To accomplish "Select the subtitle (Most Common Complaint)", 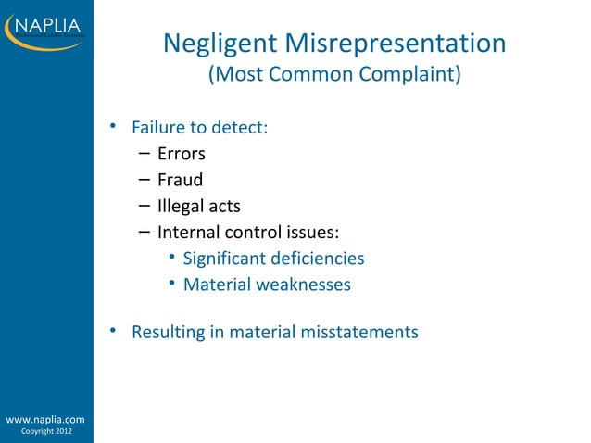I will [333, 74].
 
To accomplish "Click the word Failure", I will [158, 127].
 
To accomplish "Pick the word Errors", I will [182, 154].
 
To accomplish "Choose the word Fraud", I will [180, 180].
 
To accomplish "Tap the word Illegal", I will [182, 206].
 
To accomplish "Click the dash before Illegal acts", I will [146, 205].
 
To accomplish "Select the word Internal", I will [190, 233].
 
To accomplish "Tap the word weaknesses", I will [301, 285].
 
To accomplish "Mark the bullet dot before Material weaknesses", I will [172, 283].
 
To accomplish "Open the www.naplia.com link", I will [45, 420].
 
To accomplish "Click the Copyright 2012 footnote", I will [45, 432].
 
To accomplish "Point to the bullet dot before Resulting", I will [112, 329].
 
